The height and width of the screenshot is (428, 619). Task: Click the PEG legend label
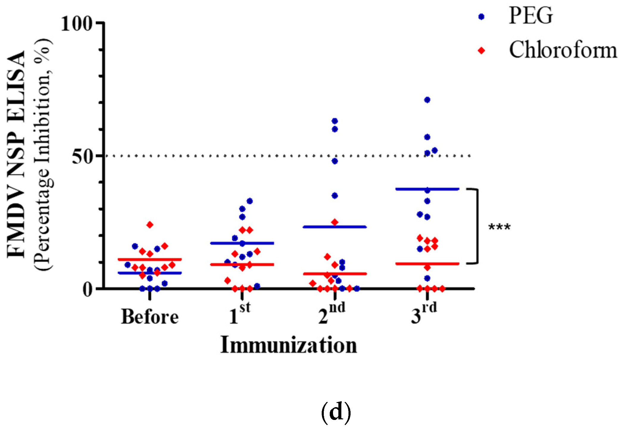tap(531, 16)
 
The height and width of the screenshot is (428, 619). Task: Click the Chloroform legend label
tap(563, 50)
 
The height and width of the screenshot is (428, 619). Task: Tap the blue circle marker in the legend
tap(481, 17)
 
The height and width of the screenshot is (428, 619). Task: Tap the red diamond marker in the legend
tap(481, 51)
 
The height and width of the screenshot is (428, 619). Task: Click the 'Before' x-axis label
tap(150, 317)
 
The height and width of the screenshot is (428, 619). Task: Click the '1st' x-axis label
tap(240, 314)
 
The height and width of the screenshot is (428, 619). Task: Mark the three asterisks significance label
tap(499, 228)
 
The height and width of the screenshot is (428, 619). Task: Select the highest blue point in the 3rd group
tap(427, 100)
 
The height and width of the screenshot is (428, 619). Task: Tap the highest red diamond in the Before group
tap(150, 225)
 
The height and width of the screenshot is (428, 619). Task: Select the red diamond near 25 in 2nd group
tap(335, 222)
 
